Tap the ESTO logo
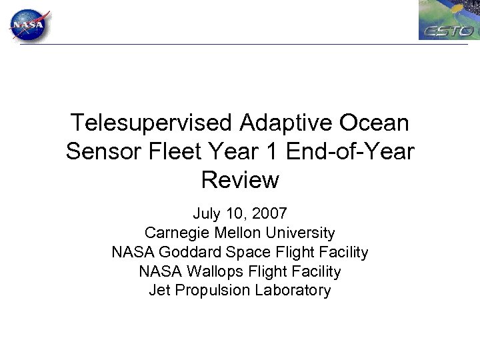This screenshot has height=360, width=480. coord(449,21)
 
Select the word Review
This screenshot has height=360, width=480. coord(239,179)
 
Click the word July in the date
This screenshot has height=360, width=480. coord(206,214)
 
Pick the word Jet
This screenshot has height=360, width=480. coord(159,291)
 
